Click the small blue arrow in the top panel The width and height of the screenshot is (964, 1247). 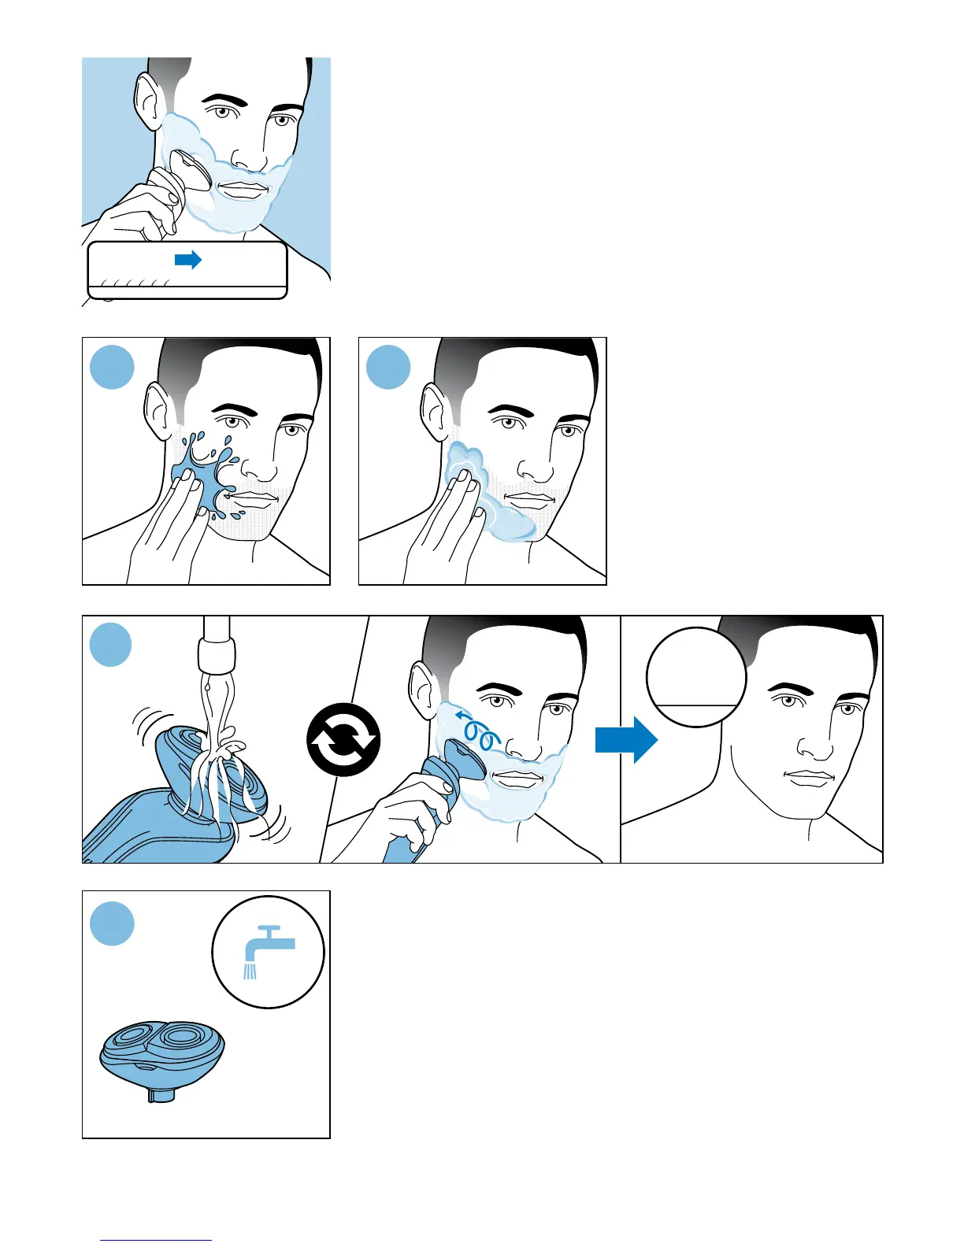[188, 260]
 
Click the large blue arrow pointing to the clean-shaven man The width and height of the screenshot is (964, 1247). [625, 739]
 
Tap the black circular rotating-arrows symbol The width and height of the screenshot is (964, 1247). [343, 740]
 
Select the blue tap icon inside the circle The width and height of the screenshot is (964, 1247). [268, 948]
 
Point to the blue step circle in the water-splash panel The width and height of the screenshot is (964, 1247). [113, 367]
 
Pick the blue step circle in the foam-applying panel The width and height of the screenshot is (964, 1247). [389, 367]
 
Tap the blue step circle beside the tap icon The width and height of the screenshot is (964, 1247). [113, 923]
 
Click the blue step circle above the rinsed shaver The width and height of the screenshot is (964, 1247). [111, 645]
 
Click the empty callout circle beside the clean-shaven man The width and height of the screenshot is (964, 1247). [695, 677]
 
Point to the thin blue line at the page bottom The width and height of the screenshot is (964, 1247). [156, 1240]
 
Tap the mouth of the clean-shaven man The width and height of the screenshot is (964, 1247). [810, 778]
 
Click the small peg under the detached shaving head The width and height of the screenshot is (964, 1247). [160, 1095]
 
